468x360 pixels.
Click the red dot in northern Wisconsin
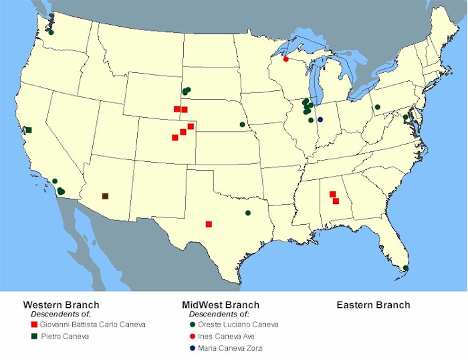(286, 59)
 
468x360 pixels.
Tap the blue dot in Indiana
(320, 119)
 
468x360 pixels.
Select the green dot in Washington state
(51, 32)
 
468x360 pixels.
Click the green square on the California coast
(28, 130)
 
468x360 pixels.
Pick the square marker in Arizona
(105, 196)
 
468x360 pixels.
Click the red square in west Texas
(209, 224)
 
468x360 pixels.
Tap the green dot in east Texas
(248, 213)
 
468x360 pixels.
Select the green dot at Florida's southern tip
(406, 268)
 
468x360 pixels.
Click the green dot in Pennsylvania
(377, 107)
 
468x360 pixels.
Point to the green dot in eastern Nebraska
(242, 124)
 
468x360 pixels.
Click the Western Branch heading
(61, 305)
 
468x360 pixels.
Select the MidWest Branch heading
(221, 305)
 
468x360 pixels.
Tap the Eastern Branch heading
(373, 305)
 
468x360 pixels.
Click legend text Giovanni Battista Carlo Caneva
(92, 325)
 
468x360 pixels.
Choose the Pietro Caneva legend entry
(64, 337)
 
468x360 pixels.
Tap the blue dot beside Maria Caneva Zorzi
(191, 348)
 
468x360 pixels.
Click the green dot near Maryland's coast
(405, 117)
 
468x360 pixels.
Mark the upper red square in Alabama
(332, 195)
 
